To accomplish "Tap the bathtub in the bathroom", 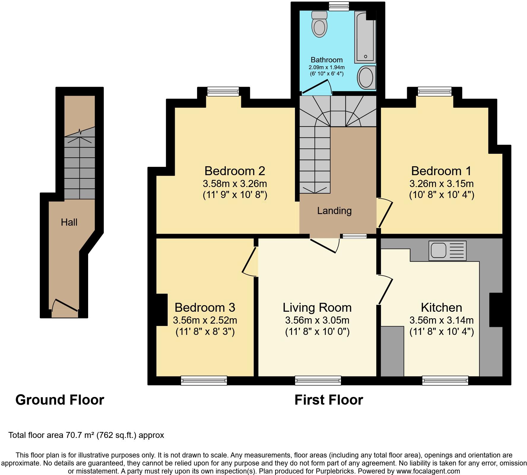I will [x=365, y=37].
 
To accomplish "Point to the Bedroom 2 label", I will [x=234, y=171].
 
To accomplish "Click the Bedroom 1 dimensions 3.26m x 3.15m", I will [x=441, y=184].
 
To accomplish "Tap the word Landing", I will [x=334, y=211].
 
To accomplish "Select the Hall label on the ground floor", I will [x=69, y=222].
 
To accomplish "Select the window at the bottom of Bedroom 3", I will [x=204, y=381].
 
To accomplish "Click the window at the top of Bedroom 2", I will [x=223, y=91].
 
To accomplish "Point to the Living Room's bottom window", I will [x=318, y=381].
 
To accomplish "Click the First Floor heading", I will [x=328, y=400].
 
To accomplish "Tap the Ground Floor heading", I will [x=60, y=400].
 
